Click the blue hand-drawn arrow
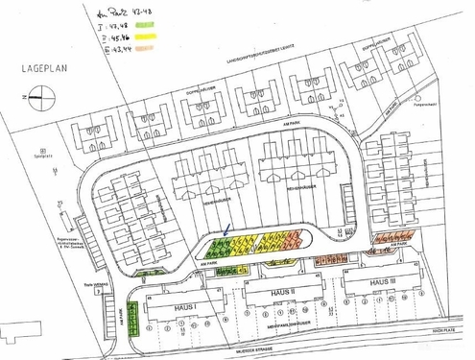[226, 228]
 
